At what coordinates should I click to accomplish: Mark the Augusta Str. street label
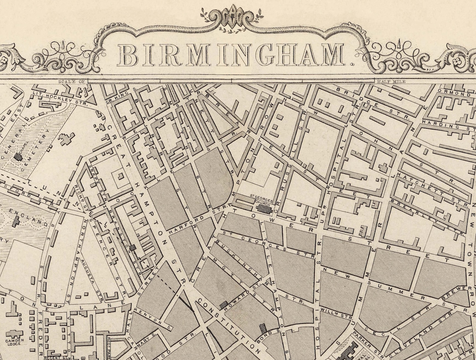(x=92, y=280)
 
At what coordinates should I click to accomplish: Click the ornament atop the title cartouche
(x=233, y=13)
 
